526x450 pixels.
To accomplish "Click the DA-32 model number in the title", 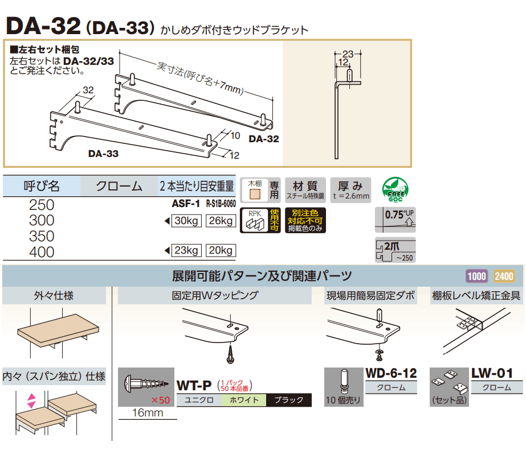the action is tap(43, 26).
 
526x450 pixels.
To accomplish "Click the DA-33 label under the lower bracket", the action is tap(103, 154).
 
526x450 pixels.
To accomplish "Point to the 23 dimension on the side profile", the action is tap(348, 54).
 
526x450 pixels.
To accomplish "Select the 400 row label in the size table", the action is tap(42, 252).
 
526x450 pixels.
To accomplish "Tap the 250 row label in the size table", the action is tap(42, 205).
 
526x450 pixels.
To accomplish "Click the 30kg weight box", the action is tap(186, 221).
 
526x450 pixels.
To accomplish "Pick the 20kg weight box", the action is tap(221, 250).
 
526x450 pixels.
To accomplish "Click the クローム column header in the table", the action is tap(119, 186).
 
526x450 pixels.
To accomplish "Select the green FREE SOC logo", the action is tap(395, 189).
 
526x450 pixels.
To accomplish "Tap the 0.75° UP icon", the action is tap(395, 220).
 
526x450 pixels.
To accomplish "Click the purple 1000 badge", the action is tap(476, 276).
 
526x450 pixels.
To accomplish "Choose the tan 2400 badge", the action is tap(504, 276).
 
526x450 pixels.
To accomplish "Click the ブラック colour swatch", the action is tap(289, 400).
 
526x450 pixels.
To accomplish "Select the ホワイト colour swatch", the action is tap(244, 400).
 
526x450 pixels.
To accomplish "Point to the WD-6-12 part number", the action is tap(391, 373).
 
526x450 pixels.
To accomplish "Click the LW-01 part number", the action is tap(492, 373).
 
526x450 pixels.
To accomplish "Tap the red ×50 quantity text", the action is tap(160, 400).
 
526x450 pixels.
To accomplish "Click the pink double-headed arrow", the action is tap(31, 401).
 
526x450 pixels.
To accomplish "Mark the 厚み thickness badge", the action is tap(350, 190).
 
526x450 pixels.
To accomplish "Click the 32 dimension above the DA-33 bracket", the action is tap(88, 90).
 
